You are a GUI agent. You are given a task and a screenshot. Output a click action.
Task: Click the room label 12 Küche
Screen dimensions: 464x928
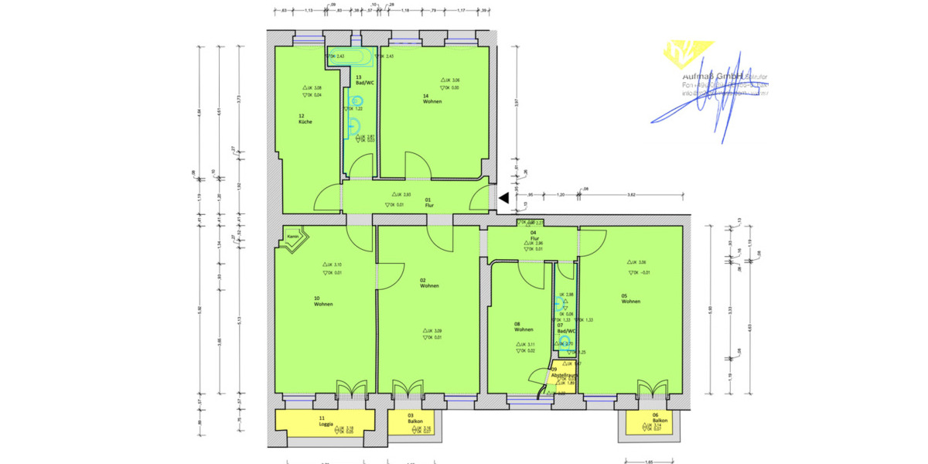(305, 119)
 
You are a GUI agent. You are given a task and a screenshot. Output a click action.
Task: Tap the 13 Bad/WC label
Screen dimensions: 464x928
(363, 80)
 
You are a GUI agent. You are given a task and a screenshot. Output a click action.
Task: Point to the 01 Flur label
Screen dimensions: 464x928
(428, 201)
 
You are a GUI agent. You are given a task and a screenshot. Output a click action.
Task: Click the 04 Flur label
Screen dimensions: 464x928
(534, 235)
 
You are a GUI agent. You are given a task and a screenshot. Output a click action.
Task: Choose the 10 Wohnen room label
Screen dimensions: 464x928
(322, 301)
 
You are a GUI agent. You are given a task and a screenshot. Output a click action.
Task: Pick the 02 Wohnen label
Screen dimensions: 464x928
(429, 283)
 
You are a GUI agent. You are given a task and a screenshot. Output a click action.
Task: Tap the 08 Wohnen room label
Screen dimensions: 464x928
(524, 327)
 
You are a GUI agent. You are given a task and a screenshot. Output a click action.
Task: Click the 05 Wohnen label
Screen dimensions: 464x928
(630, 299)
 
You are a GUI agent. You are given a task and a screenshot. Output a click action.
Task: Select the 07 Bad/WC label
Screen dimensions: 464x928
(565, 328)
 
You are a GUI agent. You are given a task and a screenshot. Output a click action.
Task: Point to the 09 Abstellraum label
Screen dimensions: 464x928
(565, 372)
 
